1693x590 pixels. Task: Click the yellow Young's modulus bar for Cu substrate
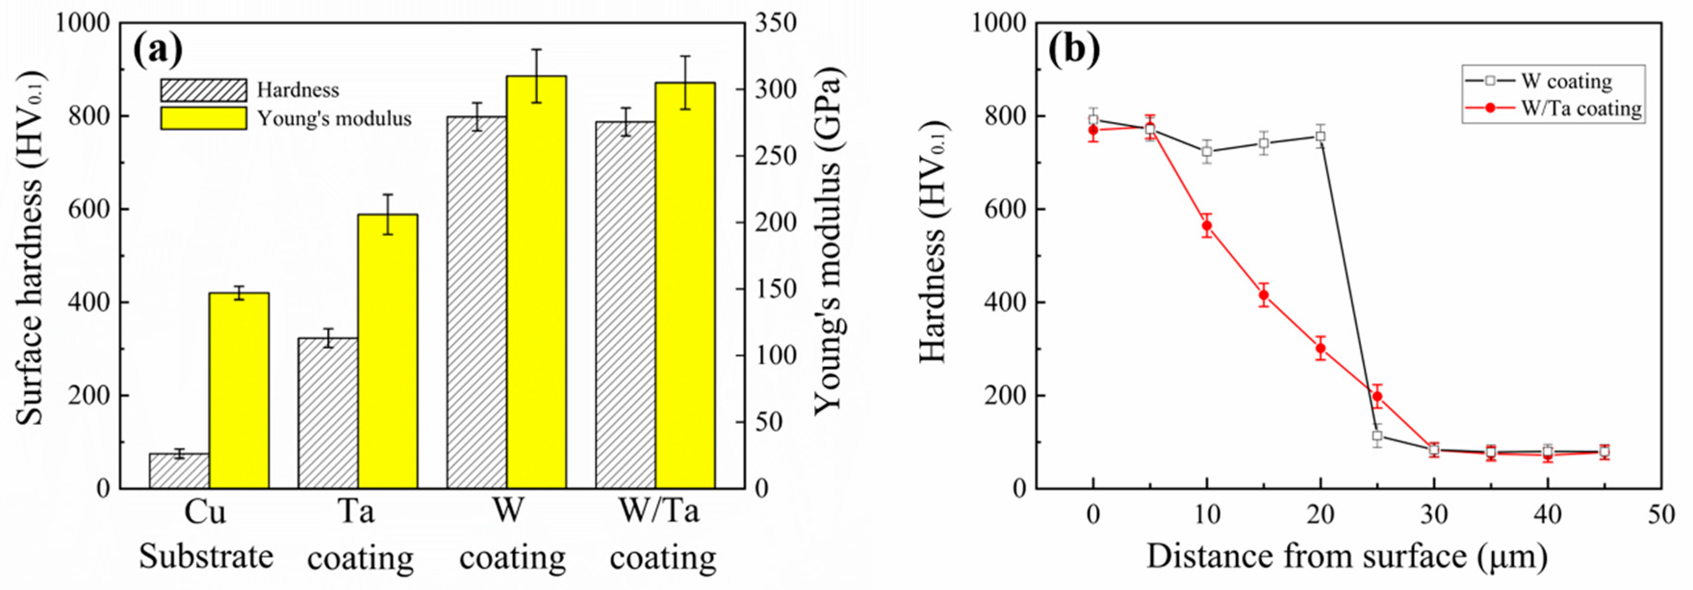239,390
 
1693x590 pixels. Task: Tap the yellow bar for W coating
536,283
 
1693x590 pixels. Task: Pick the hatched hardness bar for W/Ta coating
625,305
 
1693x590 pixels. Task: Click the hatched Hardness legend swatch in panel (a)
204,90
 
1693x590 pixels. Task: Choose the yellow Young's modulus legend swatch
204,119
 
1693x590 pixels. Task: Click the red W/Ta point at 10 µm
1206,226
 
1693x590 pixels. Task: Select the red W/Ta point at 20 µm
1321,348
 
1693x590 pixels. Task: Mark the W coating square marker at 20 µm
1321,136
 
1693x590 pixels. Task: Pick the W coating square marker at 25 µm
1377,436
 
